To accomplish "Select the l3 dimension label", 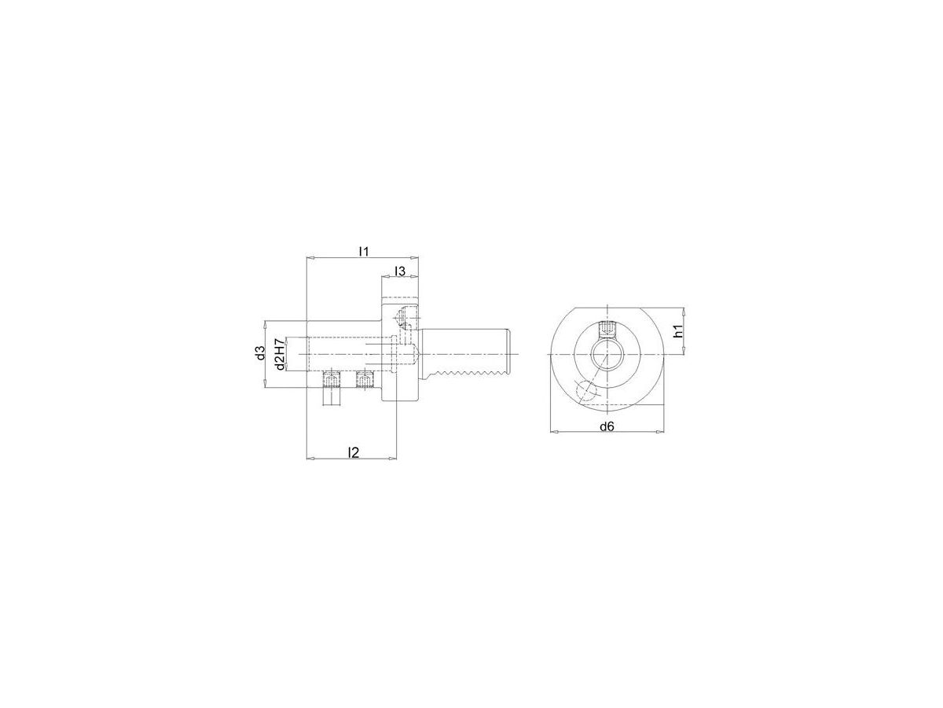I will [x=399, y=271].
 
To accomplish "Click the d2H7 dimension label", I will [x=278, y=354].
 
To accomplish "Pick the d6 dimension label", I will [x=606, y=426].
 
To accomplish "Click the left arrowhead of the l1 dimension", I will [x=309, y=258].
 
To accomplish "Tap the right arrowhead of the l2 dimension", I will [x=391, y=459].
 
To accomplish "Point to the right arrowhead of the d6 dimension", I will [x=670, y=432].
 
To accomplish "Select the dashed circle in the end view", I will [x=585, y=390].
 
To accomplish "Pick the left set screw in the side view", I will [x=331, y=382].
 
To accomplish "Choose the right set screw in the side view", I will [x=364, y=382].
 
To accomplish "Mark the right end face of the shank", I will [x=515, y=352].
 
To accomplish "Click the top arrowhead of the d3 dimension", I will [x=266, y=323].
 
